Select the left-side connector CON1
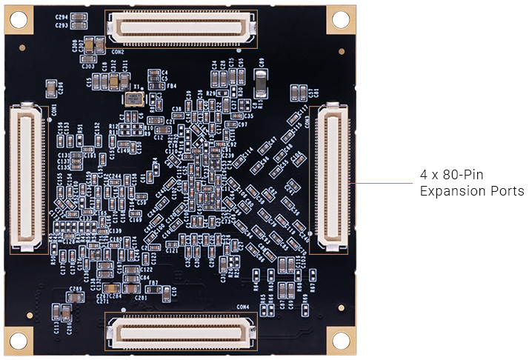click(27, 177)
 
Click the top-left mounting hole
click(17, 19)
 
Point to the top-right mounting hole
click(340, 19)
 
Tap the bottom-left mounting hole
click(17, 340)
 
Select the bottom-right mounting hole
click(340, 340)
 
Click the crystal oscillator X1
click(133, 99)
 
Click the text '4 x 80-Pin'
click(452, 176)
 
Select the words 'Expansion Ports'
click(471, 191)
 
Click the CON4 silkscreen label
click(242, 306)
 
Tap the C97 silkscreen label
click(242, 124)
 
